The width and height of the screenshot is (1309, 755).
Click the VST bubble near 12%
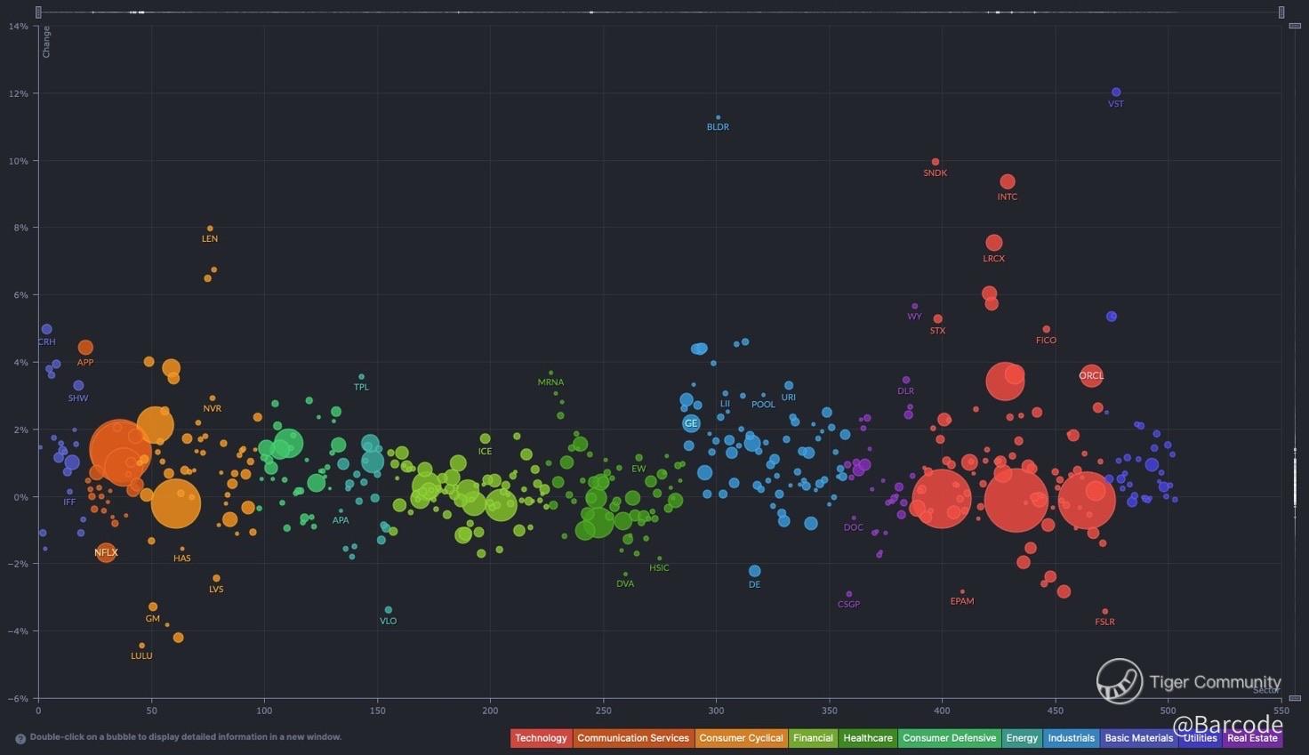coord(1116,92)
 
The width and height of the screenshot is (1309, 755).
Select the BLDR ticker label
coord(718,127)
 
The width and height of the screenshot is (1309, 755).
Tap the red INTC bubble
coord(1008,182)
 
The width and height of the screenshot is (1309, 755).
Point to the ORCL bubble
coord(1091,375)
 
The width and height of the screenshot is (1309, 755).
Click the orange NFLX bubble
coord(106,552)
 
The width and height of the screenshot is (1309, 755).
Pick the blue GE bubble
coord(691,423)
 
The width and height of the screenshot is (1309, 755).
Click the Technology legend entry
coord(541,738)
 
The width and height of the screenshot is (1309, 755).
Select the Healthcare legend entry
coord(867,738)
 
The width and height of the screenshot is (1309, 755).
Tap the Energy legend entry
coord(1022,738)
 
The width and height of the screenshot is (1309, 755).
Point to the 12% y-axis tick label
coord(19,93)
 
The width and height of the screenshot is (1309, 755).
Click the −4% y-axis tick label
coord(17,631)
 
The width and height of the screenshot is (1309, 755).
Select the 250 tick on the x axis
coord(603,711)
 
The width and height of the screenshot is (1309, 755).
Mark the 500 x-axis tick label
coord(1168,711)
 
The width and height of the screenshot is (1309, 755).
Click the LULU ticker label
coord(141,656)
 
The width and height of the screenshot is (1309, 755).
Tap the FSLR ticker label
coord(1104,622)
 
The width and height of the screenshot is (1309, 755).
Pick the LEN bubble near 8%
coord(210,229)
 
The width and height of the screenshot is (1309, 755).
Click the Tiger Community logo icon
coord(1119,681)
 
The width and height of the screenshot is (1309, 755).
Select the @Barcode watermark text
coord(1227,725)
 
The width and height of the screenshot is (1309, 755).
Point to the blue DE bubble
coord(755,571)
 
